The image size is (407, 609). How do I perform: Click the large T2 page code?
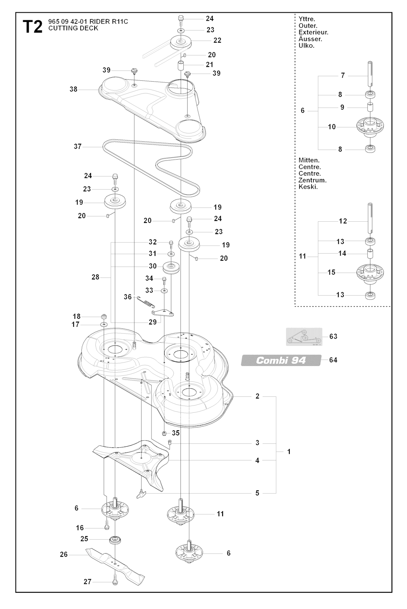click(33, 27)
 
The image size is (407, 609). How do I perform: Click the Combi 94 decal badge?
click(281, 360)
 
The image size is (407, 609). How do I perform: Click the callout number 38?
click(74, 89)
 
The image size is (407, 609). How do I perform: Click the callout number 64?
click(333, 360)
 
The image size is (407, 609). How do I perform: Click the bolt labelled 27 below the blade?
click(114, 582)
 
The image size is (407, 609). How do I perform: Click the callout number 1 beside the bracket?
click(289, 452)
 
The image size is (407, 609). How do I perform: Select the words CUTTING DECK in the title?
click(73, 28)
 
